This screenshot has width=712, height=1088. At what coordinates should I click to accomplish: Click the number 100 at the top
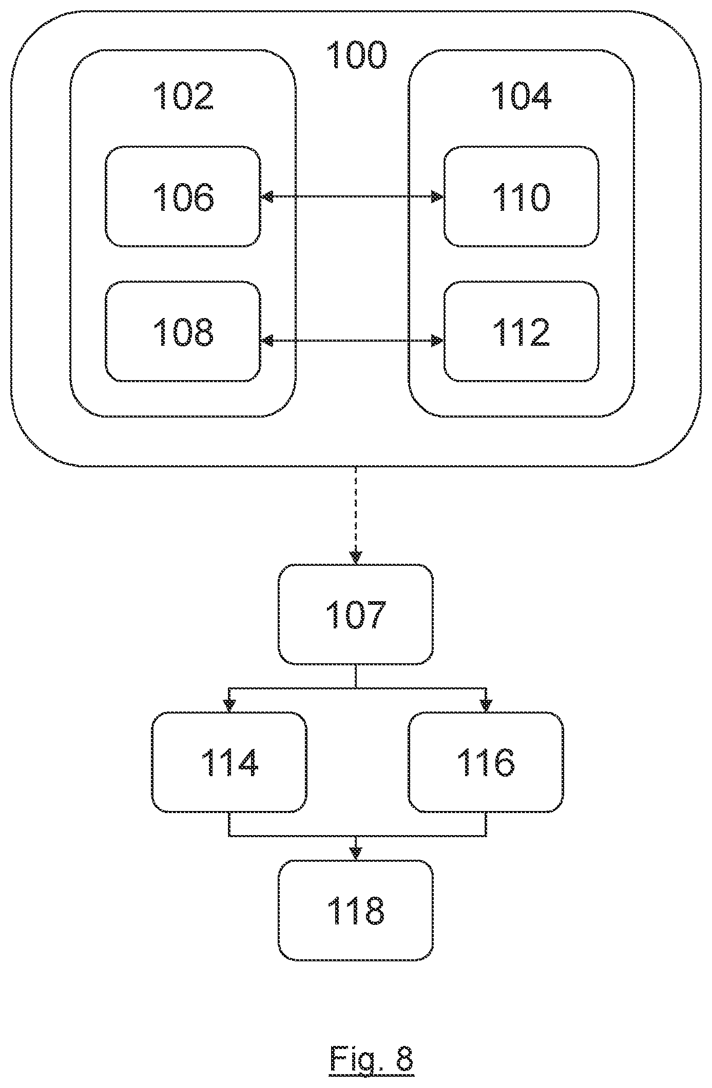pyautogui.click(x=356, y=55)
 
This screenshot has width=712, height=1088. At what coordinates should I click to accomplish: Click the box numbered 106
pyautogui.click(x=183, y=196)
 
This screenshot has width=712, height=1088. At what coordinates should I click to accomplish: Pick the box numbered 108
pyautogui.click(x=183, y=331)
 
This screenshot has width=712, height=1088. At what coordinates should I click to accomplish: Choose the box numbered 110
pyautogui.click(x=521, y=196)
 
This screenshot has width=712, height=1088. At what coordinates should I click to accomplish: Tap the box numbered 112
pyautogui.click(x=521, y=331)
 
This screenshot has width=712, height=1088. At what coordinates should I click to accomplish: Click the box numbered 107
pyautogui.click(x=356, y=614)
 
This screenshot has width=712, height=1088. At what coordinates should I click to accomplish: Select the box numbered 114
pyautogui.click(x=229, y=762)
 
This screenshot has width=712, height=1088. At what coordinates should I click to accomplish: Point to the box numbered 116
pyautogui.click(x=486, y=762)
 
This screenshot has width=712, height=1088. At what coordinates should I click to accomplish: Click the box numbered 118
pyautogui.click(x=356, y=910)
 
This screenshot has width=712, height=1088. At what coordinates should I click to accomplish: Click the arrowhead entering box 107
pyautogui.click(x=356, y=558)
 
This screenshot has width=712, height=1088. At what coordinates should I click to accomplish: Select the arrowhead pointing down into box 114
pyautogui.click(x=229, y=706)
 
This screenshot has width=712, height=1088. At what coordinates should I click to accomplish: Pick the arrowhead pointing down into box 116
pyautogui.click(x=486, y=706)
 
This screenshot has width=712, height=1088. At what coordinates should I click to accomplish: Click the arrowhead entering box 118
pyautogui.click(x=356, y=854)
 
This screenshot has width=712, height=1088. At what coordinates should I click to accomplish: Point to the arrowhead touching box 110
pyautogui.click(x=437, y=196)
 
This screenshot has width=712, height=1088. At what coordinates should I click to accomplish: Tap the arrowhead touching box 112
pyautogui.click(x=437, y=340)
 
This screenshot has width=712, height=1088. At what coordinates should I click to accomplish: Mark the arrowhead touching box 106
pyautogui.click(x=267, y=196)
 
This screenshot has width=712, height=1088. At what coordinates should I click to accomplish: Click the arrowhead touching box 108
pyautogui.click(x=267, y=340)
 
